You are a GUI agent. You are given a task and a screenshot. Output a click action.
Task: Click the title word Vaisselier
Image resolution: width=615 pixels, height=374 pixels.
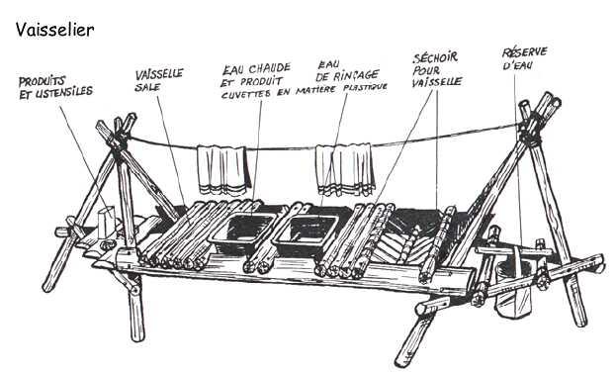point(55,30)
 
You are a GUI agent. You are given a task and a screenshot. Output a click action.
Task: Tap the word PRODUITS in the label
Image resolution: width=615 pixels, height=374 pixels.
point(42,81)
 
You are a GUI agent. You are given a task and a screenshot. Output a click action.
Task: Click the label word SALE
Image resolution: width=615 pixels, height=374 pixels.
point(147,87)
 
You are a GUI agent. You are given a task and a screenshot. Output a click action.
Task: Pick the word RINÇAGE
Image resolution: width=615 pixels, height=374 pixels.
point(357,75)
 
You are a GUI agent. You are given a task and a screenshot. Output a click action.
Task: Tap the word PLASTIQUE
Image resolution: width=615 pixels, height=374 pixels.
point(365,87)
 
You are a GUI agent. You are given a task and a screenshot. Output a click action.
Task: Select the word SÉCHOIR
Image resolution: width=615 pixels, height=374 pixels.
point(435,58)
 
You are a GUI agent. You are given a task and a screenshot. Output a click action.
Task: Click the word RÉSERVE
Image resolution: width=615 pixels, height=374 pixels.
point(525,52)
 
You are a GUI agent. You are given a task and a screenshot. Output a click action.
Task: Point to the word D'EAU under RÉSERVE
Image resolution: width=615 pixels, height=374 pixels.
point(518,64)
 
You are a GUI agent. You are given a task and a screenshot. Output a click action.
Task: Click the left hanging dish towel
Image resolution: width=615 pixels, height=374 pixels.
point(223,170)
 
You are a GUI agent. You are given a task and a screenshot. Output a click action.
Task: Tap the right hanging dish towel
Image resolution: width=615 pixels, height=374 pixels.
point(345,169)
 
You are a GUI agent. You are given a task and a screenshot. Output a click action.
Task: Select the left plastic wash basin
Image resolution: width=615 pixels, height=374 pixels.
point(243,230)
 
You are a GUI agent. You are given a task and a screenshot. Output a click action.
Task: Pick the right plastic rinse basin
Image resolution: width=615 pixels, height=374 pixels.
point(307,234)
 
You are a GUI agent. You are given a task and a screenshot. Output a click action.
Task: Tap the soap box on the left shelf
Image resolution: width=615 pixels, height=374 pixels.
point(107,222)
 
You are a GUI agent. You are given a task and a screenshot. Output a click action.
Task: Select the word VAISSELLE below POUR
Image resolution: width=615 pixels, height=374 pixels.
point(437,82)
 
